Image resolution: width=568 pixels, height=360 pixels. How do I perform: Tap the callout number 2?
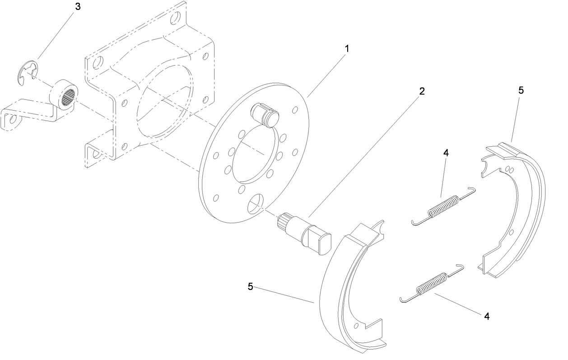tap(422, 91)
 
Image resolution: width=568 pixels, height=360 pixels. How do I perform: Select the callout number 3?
tap(78, 8)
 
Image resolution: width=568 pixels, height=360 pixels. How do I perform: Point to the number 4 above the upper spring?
tap(446, 153)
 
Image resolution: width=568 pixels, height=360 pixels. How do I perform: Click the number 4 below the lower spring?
tap(487, 316)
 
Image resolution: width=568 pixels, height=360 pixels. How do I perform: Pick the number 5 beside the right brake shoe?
tap(521, 90)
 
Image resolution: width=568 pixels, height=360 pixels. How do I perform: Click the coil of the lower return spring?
tap(431, 284)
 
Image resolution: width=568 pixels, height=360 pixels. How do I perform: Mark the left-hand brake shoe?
tap(343, 294)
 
